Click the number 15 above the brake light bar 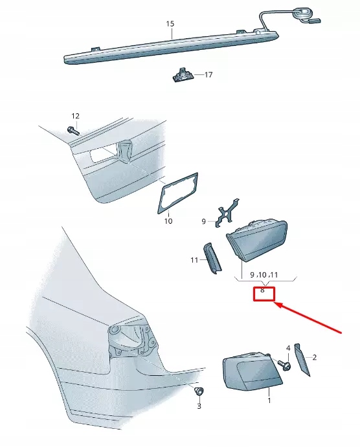click(x=170, y=24)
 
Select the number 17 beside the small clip click(x=208, y=75)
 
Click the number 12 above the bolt click(x=75, y=116)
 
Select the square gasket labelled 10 click(x=176, y=192)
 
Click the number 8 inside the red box click(x=262, y=290)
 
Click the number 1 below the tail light click(x=269, y=401)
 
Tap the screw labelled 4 click(x=285, y=365)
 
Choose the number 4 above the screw click(x=288, y=349)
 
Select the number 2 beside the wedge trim click(x=315, y=356)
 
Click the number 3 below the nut click(x=199, y=406)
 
